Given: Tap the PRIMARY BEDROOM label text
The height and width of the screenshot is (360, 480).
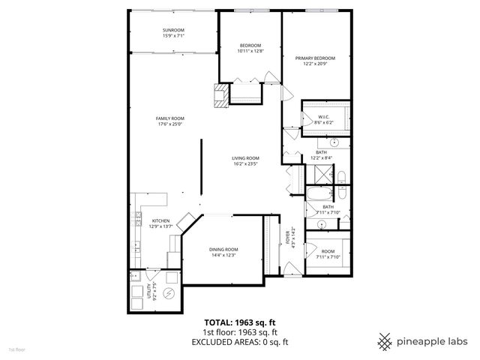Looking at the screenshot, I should point(314,58).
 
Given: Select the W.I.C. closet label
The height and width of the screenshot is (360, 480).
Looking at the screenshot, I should point(324,116).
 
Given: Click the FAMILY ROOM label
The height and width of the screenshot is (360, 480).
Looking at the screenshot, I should point(170,118).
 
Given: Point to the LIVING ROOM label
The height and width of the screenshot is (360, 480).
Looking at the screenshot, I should point(245,158).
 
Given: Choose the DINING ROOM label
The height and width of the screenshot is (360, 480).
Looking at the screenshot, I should point(223,249).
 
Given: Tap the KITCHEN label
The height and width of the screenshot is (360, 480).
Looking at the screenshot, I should point(161,221).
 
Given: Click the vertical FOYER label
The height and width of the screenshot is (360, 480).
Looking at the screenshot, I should point(287,236).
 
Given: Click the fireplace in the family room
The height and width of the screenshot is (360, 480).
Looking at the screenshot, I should point(221,96).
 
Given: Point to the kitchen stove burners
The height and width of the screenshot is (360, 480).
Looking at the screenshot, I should point(138,218).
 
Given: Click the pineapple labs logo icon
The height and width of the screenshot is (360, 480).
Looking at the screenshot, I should point(385,340).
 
